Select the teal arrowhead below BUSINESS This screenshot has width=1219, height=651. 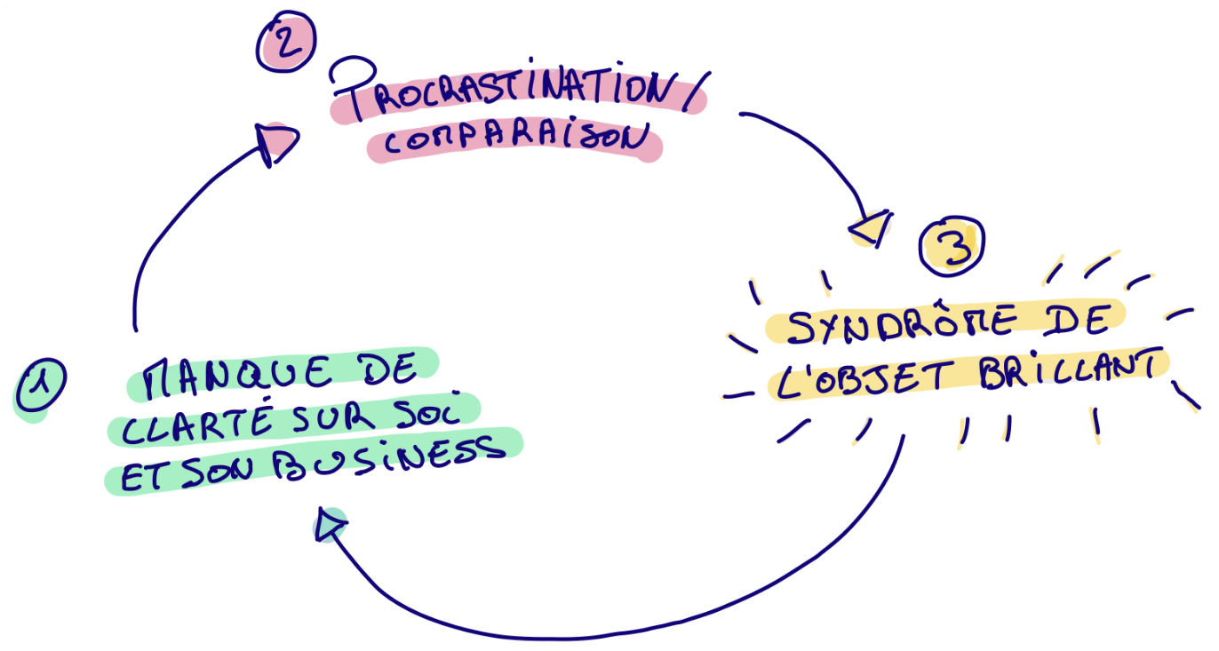(x=330, y=526)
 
